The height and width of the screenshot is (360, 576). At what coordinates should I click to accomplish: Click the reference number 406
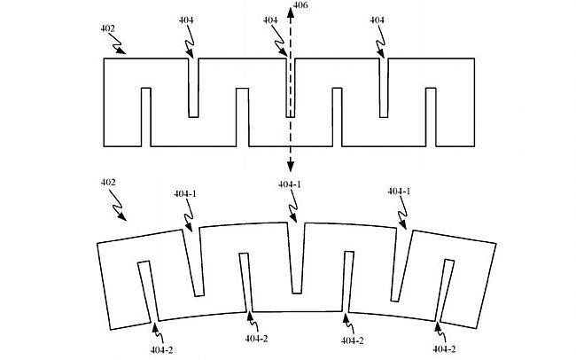pyautogui.click(x=300, y=5)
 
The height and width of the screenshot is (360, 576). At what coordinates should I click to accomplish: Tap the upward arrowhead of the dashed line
pyautogui.click(x=290, y=12)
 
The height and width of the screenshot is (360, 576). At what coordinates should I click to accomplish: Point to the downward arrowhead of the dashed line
pyautogui.click(x=290, y=167)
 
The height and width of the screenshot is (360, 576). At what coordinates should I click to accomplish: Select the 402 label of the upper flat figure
pyautogui.click(x=107, y=28)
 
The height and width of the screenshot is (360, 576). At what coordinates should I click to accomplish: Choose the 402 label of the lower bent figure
pyautogui.click(x=108, y=182)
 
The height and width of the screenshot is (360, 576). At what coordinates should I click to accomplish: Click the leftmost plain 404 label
pyautogui.click(x=186, y=20)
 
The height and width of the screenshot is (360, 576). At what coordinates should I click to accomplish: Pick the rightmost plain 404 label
pyautogui.click(x=377, y=20)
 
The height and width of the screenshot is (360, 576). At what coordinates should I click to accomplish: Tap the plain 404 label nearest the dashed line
pyautogui.click(x=270, y=20)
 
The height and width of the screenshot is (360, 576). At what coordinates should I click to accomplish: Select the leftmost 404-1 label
pyautogui.click(x=185, y=193)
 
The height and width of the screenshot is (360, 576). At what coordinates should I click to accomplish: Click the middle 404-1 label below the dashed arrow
pyautogui.click(x=290, y=184)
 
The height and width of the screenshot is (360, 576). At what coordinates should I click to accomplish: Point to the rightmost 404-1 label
pyautogui.click(x=399, y=192)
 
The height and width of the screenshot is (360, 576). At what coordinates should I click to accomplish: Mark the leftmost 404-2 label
pyautogui.click(x=161, y=350)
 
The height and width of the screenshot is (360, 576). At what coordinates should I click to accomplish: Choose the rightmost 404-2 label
pyautogui.click(x=444, y=349)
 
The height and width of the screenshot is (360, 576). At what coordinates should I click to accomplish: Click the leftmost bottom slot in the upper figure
pyautogui.click(x=146, y=117)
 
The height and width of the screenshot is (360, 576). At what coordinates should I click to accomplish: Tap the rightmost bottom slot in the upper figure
pyautogui.click(x=431, y=117)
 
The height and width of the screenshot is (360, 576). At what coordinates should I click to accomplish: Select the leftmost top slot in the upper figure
pyautogui.click(x=193, y=88)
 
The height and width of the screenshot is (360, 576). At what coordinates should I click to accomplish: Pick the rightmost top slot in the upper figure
pyautogui.click(x=384, y=88)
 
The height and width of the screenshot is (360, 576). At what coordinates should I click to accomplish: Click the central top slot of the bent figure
pyautogui.click(x=296, y=258)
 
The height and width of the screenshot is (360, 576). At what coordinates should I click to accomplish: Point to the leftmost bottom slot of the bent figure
pyautogui.click(x=149, y=292)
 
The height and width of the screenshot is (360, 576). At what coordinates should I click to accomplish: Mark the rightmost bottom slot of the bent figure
pyautogui.click(x=444, y=291)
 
